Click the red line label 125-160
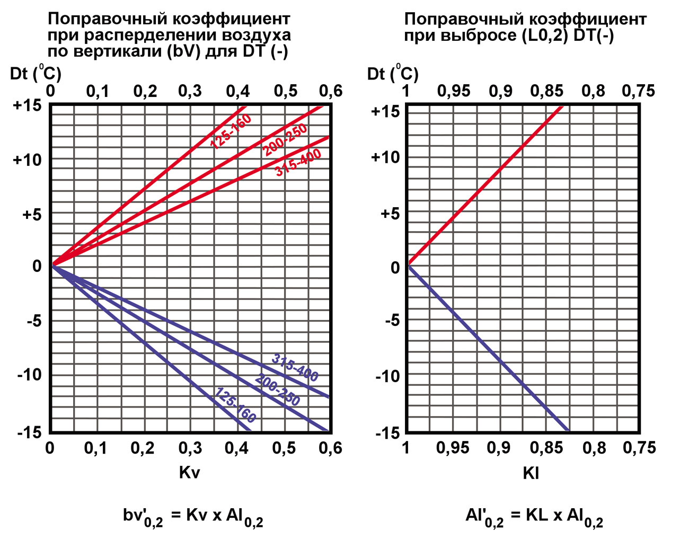(231, 131)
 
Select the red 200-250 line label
(285, 140)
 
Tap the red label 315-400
(298, 163)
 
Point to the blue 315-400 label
(295, 367)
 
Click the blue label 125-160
(235, 405)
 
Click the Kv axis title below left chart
(189, 472)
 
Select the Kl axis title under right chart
(531, 473)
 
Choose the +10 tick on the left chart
(27, 160)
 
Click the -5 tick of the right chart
(392, 320)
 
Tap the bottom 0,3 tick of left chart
(189, 448)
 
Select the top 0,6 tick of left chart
(331, 91)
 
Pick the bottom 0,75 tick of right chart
(639, 448)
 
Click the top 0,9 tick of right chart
(500, 91)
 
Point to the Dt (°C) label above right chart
(393, 73)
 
